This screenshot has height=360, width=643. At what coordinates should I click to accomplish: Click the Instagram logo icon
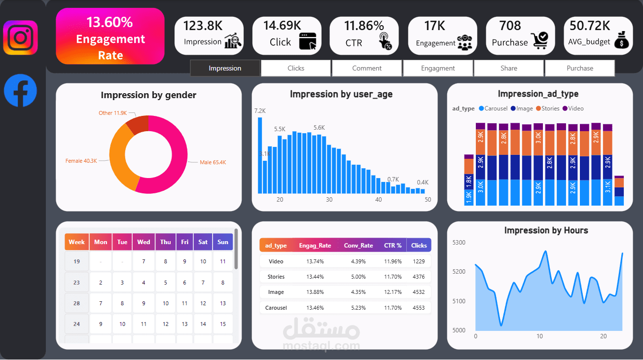click(21, 37)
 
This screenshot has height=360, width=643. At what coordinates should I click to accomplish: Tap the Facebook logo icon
click(21, 90)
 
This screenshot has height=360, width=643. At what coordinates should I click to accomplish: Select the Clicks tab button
click(296, 68)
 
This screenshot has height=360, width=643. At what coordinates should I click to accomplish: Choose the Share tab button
click(509, 68)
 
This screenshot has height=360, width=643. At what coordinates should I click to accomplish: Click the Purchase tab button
click(580, 68)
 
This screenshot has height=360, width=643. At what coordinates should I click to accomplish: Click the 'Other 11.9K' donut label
click(113, 113)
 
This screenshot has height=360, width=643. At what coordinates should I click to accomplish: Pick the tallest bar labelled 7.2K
click(260, 155)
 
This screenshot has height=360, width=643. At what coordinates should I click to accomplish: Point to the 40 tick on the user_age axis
click(378, 200)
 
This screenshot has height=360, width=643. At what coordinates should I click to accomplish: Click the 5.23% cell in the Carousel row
click(358, 308)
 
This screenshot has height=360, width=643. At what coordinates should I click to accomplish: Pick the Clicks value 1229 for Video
click(419, 261)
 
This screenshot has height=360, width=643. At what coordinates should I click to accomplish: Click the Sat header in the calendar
click(203, 242)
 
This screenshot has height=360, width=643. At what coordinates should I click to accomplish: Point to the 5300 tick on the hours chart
click(459, 242)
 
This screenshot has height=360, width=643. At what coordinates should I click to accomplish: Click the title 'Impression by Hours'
click(539, 230)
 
